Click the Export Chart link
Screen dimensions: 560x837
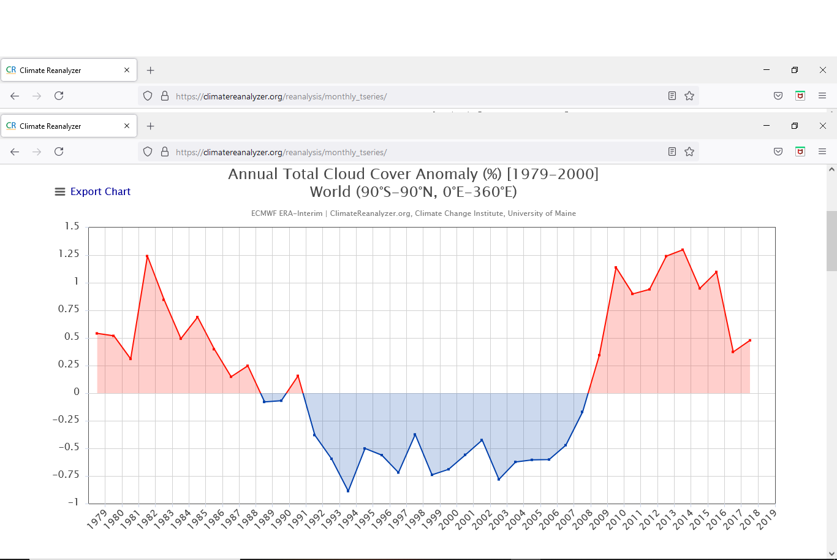100,192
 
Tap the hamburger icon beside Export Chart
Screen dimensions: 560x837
60,192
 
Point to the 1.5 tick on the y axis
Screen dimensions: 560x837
72,226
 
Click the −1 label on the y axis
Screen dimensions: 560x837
72,502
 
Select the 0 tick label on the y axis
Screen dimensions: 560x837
77,392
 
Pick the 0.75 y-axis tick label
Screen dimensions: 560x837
69,309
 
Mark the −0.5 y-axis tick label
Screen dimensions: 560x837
69,447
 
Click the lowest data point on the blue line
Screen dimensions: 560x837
348,491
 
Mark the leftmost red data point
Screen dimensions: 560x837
97,333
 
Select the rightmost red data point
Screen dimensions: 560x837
750,340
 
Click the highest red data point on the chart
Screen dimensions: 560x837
683,250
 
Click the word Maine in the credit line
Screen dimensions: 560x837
565,213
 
